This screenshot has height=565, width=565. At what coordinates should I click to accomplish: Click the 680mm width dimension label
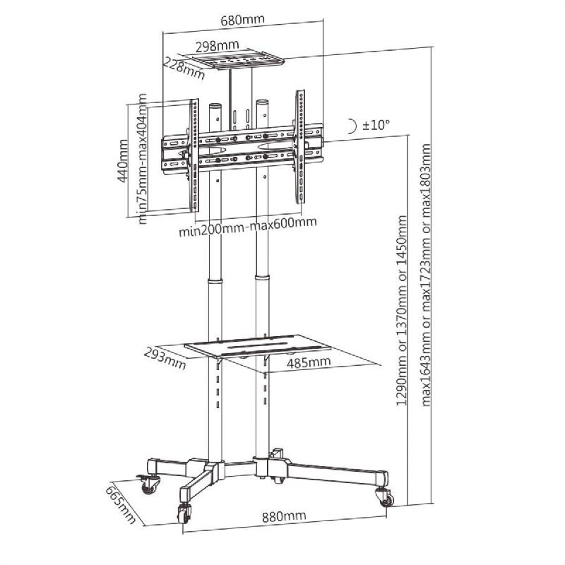(x=242, y=20)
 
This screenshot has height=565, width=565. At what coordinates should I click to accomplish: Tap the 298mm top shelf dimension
(x=217, y=46)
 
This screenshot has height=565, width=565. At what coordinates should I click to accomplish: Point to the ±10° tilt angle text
(x=376, y=125)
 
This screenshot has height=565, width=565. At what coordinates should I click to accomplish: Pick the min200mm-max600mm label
(x=247, y=224)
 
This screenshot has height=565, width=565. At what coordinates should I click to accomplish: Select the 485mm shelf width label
(x=309, y=362)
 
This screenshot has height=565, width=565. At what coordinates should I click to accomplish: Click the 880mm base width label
(x=284, y=516)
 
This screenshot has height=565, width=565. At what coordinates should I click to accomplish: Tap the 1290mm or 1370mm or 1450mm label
(x=403, y=311)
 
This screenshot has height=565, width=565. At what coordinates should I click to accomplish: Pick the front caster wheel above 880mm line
(x=185, y=513)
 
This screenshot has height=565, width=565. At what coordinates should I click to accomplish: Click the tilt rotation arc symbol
(x=352, y=126)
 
